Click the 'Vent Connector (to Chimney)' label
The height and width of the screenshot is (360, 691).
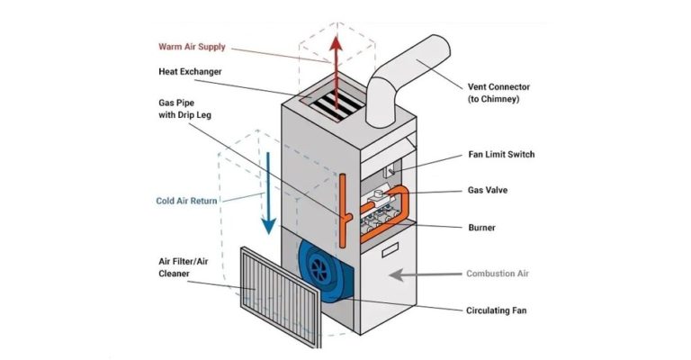[x=498, y=92]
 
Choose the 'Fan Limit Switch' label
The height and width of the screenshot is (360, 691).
[x=501, y=154]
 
